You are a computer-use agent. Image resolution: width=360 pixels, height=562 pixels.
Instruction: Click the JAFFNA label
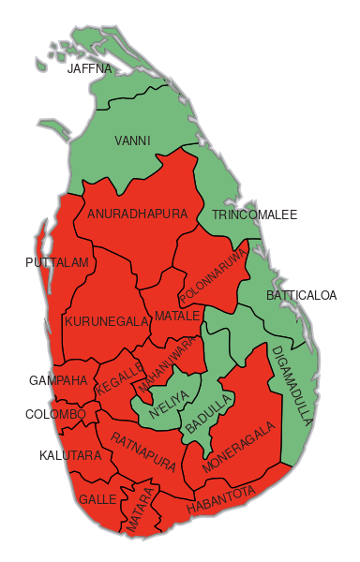pyautogui.click(x=89, y=68)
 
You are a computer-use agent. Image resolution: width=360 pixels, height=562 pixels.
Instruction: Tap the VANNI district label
pyautogui.click(x=132, y=141)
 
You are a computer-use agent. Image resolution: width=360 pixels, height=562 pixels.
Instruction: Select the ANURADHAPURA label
pyautogui.click(x=137, y=214)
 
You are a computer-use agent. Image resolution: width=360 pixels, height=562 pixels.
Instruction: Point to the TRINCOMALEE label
pyautogui.click(x=254, y=215)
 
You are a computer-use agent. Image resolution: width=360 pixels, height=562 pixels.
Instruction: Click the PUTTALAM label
pyautogui.click(x=57, y=263)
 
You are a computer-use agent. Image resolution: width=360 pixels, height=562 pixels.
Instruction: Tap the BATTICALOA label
pyautogui.click(x=301, y=296)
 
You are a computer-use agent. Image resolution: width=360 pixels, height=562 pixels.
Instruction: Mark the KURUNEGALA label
pyautogui.click(x=107, y=322)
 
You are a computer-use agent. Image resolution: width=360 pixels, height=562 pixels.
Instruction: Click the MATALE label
pyautogui.click(x=177, y=316)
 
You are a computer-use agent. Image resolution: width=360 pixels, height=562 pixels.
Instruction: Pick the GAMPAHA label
pyautogui.click(x=58, y=381)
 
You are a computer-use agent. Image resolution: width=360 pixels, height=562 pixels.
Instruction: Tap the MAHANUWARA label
pyautogui.click(x=170, y=366)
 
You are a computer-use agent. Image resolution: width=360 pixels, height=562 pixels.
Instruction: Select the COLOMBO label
pyautogui.click(x=55, y=414)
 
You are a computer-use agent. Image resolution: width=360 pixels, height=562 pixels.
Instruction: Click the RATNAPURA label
pyautogui.click(x=143, y=451)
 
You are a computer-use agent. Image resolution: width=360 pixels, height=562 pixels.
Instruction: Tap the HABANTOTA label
pyautogui.click(x=220, y=500)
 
